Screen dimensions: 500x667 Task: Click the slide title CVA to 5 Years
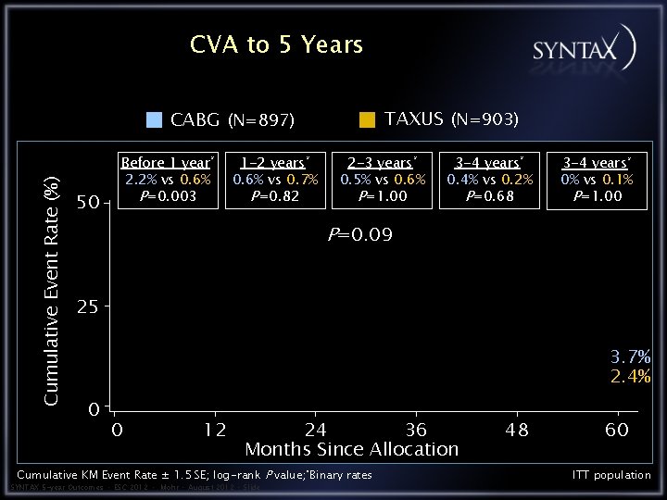click(276, 44)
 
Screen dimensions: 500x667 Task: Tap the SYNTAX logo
click(584, 47)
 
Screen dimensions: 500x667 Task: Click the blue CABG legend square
click(156, 119)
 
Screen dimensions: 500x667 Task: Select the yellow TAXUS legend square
click(368, 119)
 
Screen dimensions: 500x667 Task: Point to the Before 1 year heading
click(168, 163)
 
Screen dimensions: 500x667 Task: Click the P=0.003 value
click(168, 195)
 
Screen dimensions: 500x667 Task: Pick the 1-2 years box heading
click(275, 163)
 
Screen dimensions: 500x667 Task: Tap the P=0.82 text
click(275, 195)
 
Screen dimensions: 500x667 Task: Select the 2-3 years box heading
click(383, 163)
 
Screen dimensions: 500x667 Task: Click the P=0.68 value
click(490, 195)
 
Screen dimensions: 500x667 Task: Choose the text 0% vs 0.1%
click(597, 180)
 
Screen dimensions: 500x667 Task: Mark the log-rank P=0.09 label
click(360, 235)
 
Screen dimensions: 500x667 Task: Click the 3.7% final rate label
click(630, 357)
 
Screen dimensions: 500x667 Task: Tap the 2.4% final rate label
click(630, 377)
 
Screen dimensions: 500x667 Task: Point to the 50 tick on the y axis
click(88, 203)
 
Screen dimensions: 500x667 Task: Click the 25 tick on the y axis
click(88, 307)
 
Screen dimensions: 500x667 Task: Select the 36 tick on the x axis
click(416, 430)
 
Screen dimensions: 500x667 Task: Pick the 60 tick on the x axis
click(617, 430)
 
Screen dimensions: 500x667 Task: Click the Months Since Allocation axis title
click(351, 449)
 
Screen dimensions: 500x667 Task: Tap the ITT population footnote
click(611, 475)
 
